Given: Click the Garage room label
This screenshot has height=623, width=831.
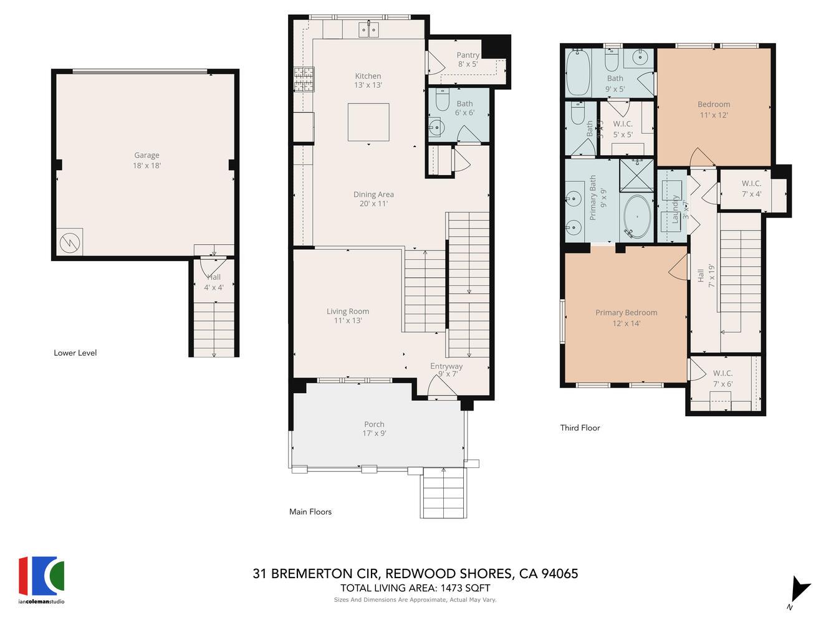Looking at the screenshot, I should coord(147,156).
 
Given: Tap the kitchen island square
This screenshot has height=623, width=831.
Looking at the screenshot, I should coord(368,123).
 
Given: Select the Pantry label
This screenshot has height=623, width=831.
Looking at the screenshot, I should coord(468,55).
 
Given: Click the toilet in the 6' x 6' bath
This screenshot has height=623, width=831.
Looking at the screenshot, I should coord(442,100).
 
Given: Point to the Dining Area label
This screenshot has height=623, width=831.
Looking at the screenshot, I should coord(373,194).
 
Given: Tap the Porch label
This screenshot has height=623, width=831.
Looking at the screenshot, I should coord(374,424).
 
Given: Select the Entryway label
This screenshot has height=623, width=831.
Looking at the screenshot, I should coord(446,366).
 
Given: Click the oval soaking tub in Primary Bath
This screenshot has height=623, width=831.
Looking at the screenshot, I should coord(637,217).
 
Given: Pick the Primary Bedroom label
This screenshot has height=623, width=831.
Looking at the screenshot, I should coord(626,313).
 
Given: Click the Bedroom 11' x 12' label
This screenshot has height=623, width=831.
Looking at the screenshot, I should coord(714,105).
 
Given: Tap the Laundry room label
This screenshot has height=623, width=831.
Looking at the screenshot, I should coord(675,209).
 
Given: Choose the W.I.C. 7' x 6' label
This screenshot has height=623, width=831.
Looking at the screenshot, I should coord(723,374).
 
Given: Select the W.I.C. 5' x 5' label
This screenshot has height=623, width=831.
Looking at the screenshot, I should coord(622,124).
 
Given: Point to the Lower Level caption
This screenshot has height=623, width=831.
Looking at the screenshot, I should coord(75,353).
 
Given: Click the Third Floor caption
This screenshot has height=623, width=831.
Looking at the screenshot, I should coord(580,428).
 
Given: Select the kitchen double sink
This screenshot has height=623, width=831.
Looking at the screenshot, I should coord(368,29).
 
